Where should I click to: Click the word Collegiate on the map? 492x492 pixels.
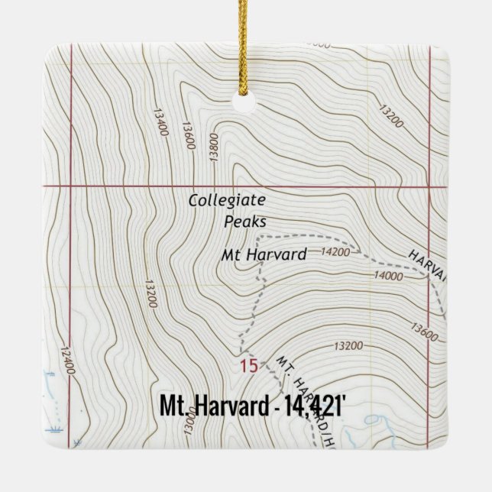pyautogui.click(x=227, y=201)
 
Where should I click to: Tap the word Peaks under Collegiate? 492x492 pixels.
pyautogui.click(x=245, y=222)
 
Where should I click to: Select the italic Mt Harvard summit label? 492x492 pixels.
pyautogui.click(x=264, y=254)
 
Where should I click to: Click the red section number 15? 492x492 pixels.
pyautogui.click(x=248, y=366)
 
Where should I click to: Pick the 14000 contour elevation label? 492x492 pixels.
pyautogui.click(x=388, y=276)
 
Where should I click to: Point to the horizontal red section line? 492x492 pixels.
pyautogui.click(x=153, y=186)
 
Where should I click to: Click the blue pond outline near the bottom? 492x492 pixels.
pyautogui.click(x=372, y=419)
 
